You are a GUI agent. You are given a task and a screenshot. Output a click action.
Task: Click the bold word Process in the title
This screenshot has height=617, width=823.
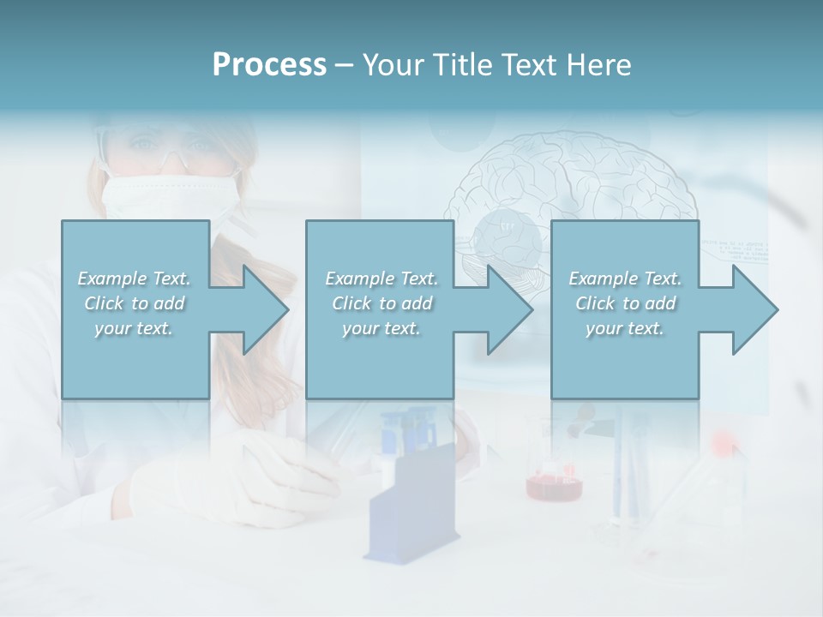click(x=269, y=65)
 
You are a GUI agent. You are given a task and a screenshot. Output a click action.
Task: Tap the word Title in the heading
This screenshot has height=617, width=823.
click(x=463, y=65)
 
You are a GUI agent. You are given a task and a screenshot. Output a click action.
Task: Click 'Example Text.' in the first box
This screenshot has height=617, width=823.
click(x=135, y=279)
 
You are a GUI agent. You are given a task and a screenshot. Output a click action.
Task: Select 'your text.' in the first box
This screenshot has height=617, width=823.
click(x=135, y=328)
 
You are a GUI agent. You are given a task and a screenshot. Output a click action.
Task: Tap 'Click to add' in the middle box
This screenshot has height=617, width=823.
click(x=381, y=303)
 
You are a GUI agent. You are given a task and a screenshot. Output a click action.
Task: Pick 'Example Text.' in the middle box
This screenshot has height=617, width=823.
click(x=381, y=279)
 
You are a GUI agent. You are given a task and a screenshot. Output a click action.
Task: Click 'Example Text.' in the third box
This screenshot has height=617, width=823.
click(x=625, y=279)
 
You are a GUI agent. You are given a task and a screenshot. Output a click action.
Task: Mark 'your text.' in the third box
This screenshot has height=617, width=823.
click(x=625, y=328)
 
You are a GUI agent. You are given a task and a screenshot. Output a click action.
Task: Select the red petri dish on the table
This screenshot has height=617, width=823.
click(x=554, y=485)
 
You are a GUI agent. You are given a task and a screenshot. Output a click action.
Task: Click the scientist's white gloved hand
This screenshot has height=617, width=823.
click(x=231, y=480)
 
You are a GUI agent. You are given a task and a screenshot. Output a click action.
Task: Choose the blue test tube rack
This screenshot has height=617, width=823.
click(x=406, y=506)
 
